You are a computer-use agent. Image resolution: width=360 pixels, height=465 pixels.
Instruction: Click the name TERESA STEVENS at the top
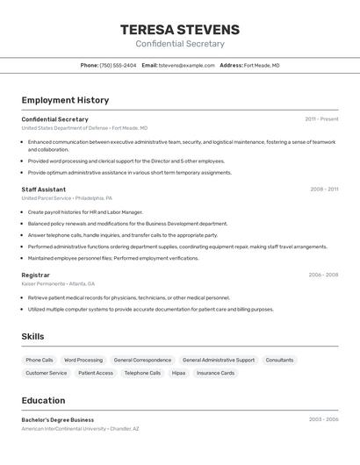point(180,30)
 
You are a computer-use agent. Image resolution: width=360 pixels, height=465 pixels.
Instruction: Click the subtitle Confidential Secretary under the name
point(180,44)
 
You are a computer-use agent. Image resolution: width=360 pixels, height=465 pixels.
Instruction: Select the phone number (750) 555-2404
point(118,65)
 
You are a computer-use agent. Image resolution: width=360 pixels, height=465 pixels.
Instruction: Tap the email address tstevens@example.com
point(187,65)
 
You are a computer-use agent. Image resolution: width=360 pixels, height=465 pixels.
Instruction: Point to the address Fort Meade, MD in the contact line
point(262,65)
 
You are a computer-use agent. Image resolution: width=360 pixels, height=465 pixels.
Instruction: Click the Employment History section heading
point(66,100)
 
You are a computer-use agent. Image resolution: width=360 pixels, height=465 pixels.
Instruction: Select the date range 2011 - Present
point(321,118)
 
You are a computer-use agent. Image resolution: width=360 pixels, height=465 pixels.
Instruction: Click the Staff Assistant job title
point(44,189)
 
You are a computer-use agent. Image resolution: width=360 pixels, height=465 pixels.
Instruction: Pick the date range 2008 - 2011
point(324,189)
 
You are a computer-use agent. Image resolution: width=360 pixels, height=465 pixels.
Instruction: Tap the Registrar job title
point(36,275)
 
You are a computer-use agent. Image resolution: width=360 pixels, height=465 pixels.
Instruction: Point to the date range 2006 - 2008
point(323,275)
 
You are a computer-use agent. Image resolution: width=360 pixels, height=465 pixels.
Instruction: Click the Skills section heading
point(33,336)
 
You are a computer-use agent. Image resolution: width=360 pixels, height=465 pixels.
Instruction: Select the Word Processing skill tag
point(83,360)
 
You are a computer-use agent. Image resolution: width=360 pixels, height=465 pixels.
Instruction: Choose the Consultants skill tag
point(279,360)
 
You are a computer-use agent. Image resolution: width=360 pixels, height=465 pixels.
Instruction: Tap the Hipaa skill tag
point(178,373)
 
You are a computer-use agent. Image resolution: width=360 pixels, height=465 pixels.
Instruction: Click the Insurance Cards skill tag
point(215,373)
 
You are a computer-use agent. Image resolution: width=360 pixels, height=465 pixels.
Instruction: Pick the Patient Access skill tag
point(96,373)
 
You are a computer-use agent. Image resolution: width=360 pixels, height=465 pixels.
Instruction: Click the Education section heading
point(44,400)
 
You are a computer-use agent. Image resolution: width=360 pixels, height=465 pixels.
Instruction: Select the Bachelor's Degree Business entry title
point(58,419)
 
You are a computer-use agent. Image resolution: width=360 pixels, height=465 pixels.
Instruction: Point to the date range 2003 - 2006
point(323,419)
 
